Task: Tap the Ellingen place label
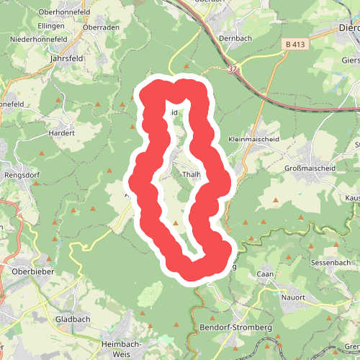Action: coord(53,26)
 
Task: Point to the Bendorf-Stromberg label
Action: coord(233,328)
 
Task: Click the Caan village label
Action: coord(266,274)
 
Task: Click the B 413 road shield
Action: coord(294,45)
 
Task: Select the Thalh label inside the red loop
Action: coord(190,174)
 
